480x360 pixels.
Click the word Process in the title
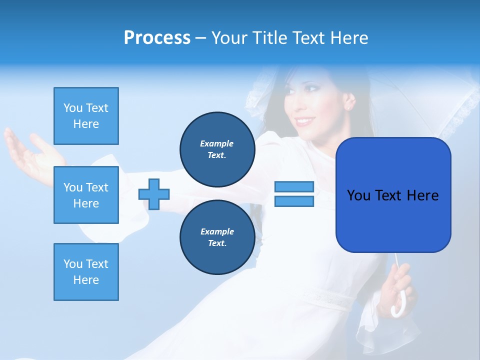157,38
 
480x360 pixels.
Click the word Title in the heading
269,38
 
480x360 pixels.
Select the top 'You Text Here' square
86,116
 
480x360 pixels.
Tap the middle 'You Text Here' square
86,195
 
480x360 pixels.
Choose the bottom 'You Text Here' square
86,272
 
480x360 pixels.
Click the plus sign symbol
154,194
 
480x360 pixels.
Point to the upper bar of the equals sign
294,187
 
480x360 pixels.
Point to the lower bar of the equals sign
294,201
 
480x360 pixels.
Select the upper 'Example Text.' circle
217,149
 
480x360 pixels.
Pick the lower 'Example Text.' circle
217,237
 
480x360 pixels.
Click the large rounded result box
393,194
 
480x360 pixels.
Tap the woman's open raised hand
30,155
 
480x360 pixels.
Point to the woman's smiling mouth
303,121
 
